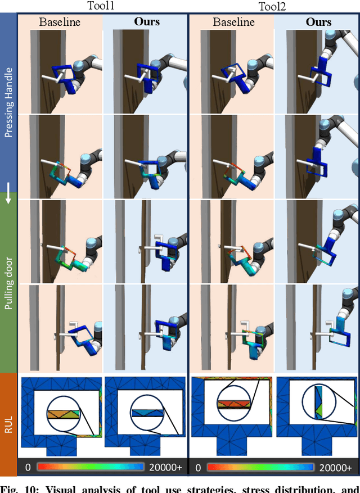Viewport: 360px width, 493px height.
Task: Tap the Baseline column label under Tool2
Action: (x=232, y=22)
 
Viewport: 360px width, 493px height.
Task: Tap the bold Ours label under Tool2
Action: (x=318, y=22)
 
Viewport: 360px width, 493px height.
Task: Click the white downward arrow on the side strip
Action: (x=8, y=198)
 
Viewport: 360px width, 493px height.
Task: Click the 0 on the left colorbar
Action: (x=27, y=467)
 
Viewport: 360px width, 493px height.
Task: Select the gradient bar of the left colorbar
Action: (x=90, y=467)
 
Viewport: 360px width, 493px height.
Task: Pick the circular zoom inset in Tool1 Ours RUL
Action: (x=147, y=413)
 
